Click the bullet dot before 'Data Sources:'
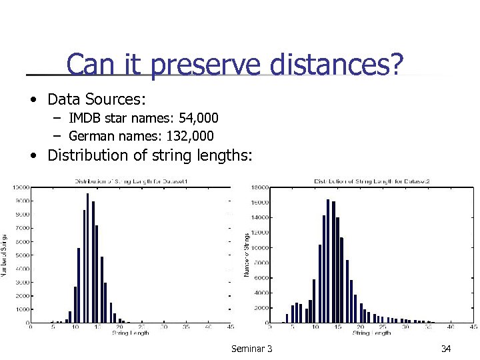click(x=33, y=101)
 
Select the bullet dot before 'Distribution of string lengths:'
click(x=33, y=157)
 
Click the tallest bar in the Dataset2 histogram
click(x=328, y=261)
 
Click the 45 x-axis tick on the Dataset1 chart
click(x=230, y=327)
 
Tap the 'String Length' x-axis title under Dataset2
click(x=371, y=333)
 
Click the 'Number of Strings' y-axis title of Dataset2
click(x=247, y=255)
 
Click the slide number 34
click(x=446, y=349)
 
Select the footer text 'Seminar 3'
click(x=251, y=349)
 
